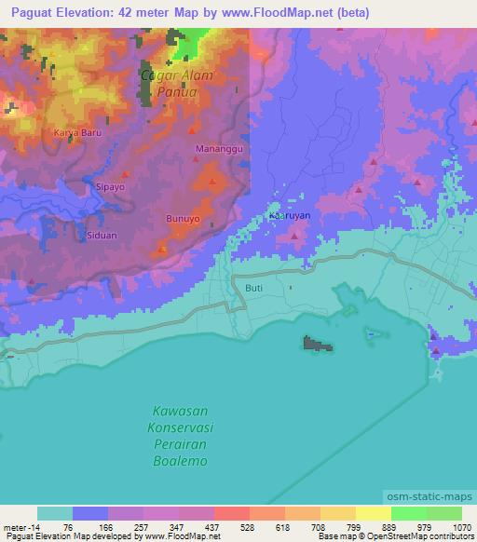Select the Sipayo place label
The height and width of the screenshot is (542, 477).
coord(110,186)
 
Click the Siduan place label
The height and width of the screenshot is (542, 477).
coord(102,236)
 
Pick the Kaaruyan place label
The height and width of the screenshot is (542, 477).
coord(289,215)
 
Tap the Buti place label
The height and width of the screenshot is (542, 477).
coord(254,289)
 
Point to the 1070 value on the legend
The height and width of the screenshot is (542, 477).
coord(462,525)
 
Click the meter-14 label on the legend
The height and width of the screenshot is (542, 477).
coord(20,525)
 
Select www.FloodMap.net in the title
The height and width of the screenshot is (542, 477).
coord(284,13)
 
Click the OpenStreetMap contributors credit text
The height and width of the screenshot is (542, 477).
coord(424,536)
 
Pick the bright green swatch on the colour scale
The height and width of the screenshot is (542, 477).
coord(409,513)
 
